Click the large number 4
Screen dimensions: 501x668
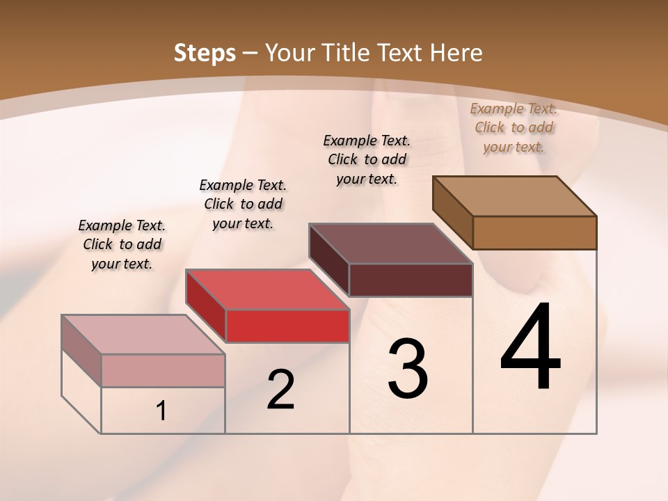click(530, 348)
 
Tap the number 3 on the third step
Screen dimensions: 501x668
click(408, 369)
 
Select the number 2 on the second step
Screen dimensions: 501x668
click(280, 390)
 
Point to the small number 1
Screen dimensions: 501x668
click(161, 411)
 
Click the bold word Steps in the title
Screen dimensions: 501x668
click(205, 53)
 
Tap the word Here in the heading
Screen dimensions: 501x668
click(456, 53)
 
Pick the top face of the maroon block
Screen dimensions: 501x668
click(390, 244)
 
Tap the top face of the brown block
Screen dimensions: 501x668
click(514, 196)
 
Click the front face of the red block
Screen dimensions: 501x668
click(287, 326)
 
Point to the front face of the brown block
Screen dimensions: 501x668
click(534, 232)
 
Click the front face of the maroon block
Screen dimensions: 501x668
click(411, 280)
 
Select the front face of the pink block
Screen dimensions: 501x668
click(163, 370)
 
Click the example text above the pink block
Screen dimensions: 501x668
click(122, 244)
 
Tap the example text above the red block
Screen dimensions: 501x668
click(243, 204)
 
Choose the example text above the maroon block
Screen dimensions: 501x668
click(367, 159)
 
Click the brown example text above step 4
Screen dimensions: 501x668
click(514, 127)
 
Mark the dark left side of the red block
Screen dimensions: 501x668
click(206, 304)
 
